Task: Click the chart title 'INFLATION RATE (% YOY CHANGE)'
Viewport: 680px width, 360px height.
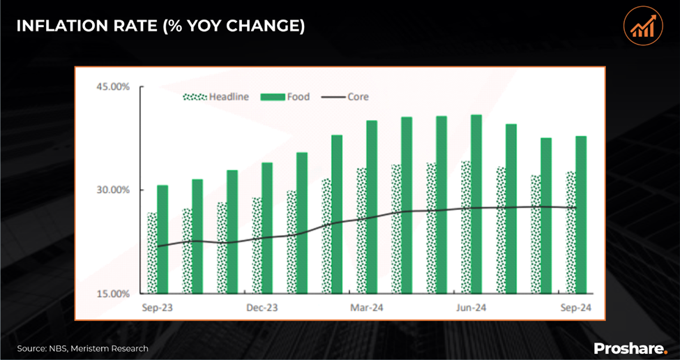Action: coord(160,26)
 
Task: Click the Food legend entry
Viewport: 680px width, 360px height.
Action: coord(285,98)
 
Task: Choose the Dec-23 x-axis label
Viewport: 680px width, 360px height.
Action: coord(262,308)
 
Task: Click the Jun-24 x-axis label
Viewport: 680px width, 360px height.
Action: coord(471,308)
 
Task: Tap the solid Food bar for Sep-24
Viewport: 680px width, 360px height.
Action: coord(581,215)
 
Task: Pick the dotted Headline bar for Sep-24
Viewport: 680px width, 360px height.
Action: coord(570,232)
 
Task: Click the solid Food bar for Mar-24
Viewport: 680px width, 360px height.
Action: coord(372,207)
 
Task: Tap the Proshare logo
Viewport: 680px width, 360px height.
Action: coord(630,347)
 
